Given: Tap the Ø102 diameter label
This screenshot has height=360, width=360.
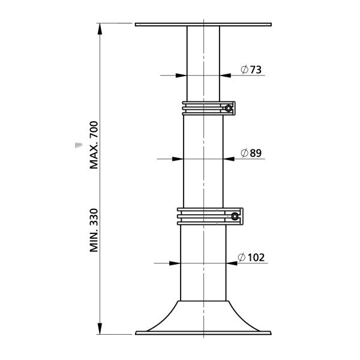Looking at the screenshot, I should [251, 257].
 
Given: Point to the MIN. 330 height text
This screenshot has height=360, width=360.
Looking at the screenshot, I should [93, 230].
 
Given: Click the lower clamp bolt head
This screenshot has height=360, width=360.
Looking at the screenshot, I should [235, 216].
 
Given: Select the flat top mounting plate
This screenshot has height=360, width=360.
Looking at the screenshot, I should [203, 25].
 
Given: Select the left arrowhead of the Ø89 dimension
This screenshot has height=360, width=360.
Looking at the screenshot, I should [178, 158].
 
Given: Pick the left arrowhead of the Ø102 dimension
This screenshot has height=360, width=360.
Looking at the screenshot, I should [175, 263].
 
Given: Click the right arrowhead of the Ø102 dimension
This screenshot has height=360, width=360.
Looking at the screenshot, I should [232, 263].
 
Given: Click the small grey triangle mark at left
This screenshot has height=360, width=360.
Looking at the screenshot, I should [76, 145].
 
